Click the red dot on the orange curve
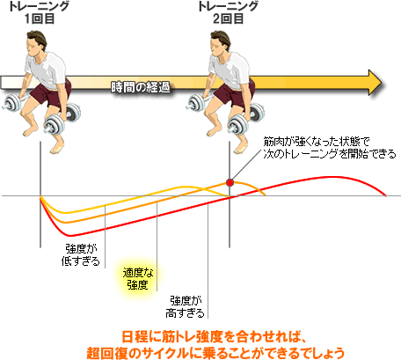tap(230, 183)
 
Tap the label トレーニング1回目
tap(40, 12)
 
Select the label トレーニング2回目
tap(229, 12)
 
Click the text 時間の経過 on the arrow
tap(141, 87)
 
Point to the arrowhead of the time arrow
tap(375, 83)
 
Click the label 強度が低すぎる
tap(81, 254)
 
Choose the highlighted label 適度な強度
tap(138, 279)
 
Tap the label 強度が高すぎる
tap(185, 307)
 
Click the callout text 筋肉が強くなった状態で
tap(316, 142)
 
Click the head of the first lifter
tap(36, 42)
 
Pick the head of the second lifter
tap(220, 42)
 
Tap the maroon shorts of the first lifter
tap(55, 92)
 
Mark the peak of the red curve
tap(332, 177)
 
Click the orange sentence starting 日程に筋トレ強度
tap(214, 337)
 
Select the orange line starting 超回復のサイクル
tap(215, 353)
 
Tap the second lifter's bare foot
tap(242, 149)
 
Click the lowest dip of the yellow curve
tap(66, 212)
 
